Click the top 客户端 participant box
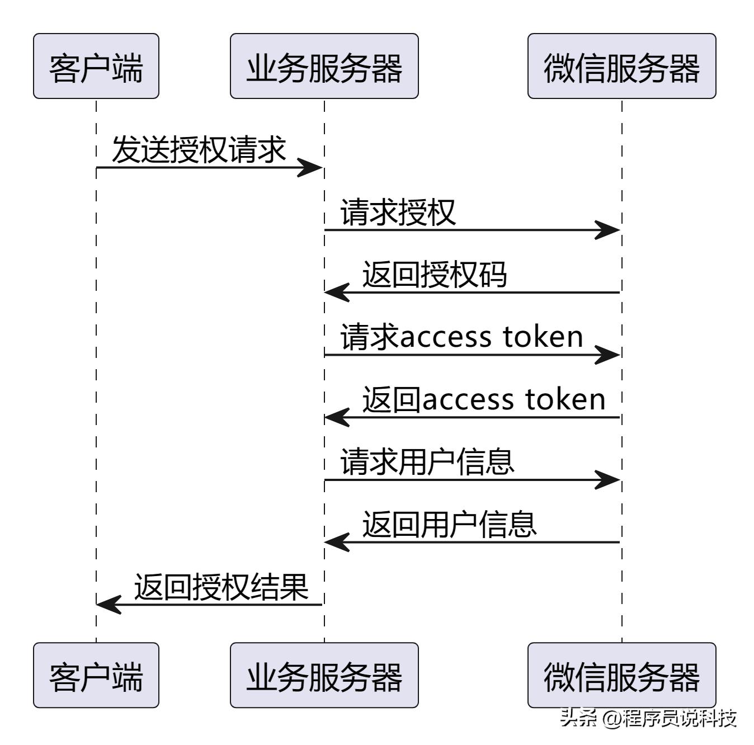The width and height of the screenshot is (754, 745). pyautogui.click(x=96, y=66)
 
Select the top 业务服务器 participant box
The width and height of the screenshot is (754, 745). pyautogui.click(x=324, y=66)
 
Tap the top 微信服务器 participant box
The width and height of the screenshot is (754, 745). pyautogui.click(x=621, y=66)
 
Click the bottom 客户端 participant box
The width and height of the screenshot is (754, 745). pyautogui.click(x=96, y=675)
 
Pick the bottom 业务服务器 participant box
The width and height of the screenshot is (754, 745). pyautogui.click(x=324, y=675)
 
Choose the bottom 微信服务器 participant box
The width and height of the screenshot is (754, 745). pyautogui.click(x=621, y=675)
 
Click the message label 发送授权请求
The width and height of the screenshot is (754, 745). pyautogui.click(x=199, y=150)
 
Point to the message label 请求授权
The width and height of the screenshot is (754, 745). pyautogui.click(x=398, y=213)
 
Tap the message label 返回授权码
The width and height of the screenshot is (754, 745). pyautogui.click(x=434, y=275)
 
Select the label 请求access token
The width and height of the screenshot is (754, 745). pyautogui.click(x=461, y=337)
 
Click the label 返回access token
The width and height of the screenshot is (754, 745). pyautogui.click(x=484, y=400)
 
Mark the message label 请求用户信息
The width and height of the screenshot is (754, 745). pyautogui.click(x=427, y=463)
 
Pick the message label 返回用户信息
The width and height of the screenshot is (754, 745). pyautogui.click(x=449, y=525)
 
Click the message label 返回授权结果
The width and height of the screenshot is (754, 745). pyautogui.click(x=221, y=587)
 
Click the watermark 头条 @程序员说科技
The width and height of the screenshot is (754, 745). pyautogui.click(x=648, y=718)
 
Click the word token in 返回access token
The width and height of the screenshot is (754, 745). pyautogui.click(x=565, y=400)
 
